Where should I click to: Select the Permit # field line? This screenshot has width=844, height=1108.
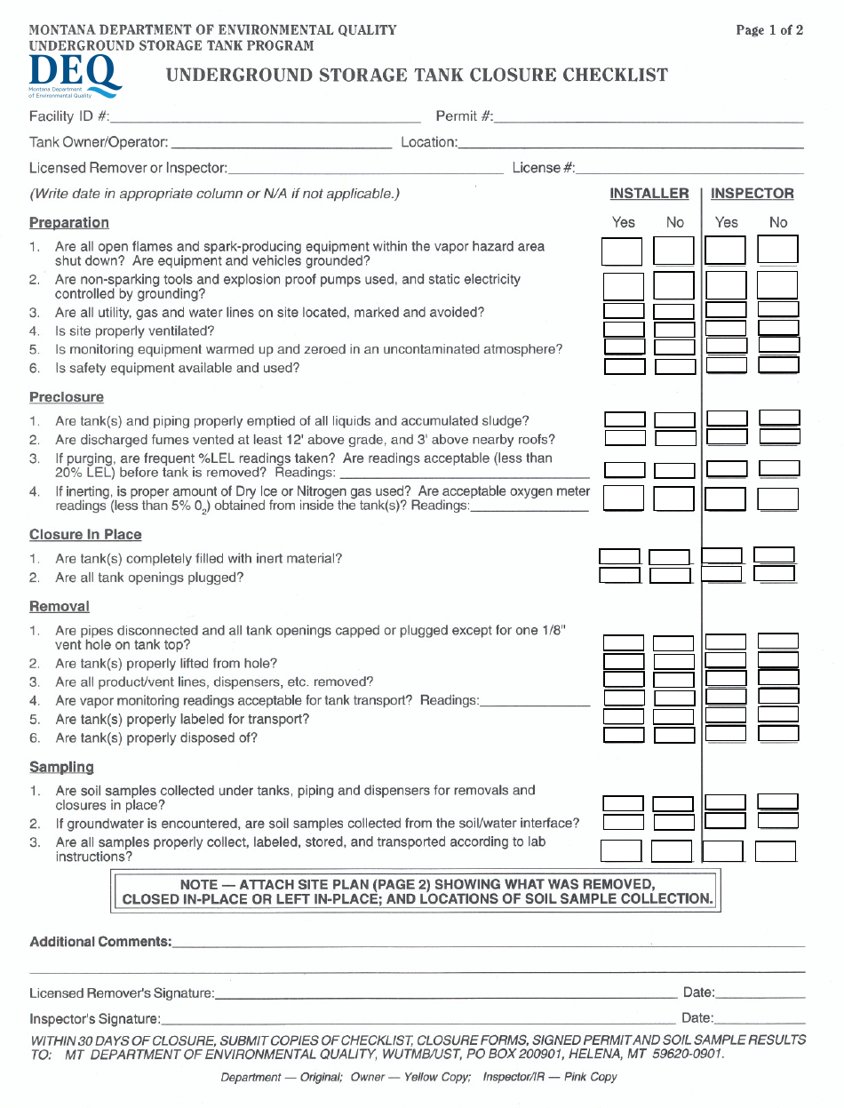click(649, 118)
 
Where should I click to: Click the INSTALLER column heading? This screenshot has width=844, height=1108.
click(649, 194)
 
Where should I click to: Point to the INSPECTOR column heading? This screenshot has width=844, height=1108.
click(752, 194)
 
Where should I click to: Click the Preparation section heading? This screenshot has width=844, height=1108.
click(69, 223)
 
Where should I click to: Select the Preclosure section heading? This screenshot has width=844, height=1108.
click(67, 397)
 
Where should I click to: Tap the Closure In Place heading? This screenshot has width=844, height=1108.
click(85, 535)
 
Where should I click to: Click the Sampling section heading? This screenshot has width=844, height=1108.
click(61, 767)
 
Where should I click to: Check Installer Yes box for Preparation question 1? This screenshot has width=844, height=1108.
click(622, 251)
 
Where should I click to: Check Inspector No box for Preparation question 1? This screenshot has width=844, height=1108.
click(777, 251)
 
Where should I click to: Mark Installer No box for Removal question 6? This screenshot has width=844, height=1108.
click(673, 735)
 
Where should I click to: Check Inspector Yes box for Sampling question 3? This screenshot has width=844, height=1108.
click(722, 851)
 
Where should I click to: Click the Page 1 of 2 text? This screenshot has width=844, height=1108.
click(769, 30)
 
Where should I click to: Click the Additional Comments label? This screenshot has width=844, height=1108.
click(100, 942)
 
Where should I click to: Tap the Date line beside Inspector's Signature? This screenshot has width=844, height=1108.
click(760, 1020)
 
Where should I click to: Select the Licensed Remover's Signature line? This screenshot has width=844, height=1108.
click(444, 995)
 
